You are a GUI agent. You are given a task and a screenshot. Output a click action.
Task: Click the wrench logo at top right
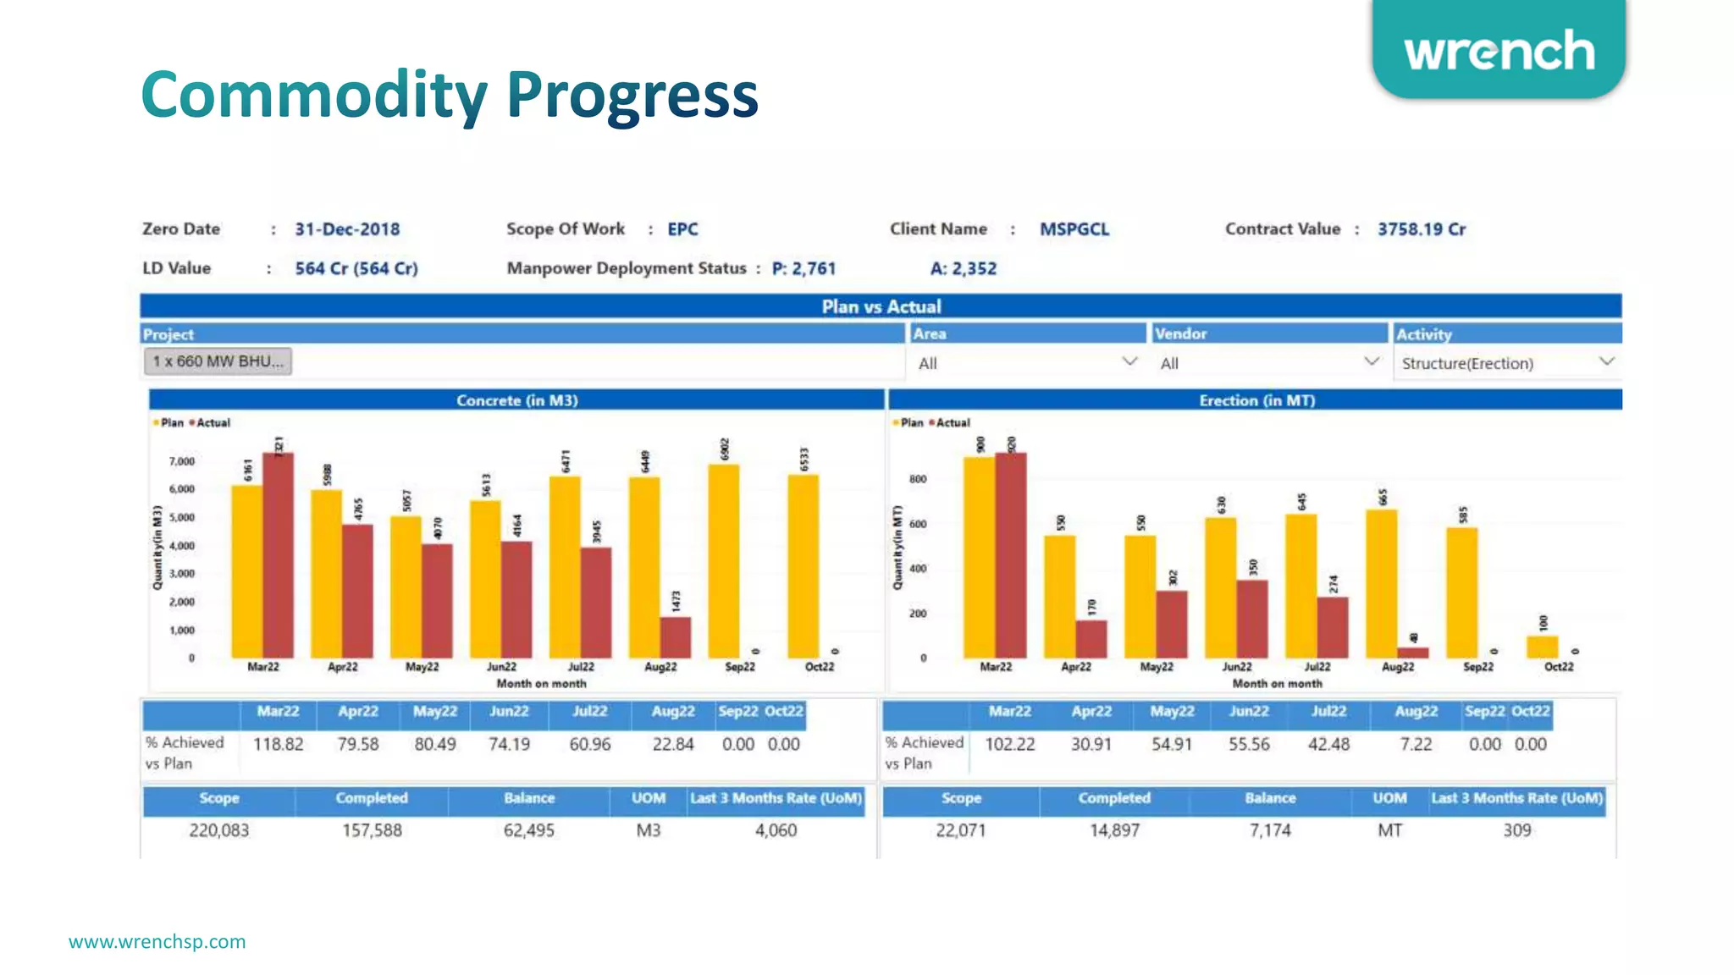coord(1499,51)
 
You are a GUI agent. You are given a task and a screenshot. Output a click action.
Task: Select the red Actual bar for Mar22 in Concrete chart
coord(278,555)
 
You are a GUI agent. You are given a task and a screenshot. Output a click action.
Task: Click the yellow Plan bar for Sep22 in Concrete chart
coord(723,560)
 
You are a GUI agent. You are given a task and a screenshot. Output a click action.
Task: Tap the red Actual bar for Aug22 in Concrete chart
coord(676,637)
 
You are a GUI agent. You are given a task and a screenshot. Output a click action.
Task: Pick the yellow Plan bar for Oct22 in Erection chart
coord(1542,647)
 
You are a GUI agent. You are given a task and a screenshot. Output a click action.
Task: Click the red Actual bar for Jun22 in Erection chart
coord(1252,619)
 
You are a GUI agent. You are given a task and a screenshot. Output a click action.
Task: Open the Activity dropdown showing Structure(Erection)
coord(1506,363)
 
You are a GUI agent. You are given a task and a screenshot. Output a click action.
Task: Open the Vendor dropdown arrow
coord(1372,362)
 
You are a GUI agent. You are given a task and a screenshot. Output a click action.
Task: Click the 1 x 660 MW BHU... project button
coord(218,361)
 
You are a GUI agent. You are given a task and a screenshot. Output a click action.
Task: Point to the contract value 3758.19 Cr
coord(1421,229)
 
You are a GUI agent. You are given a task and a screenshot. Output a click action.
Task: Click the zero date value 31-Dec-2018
coord(347,229)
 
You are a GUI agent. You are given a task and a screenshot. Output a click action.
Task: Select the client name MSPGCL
coord(1074,229)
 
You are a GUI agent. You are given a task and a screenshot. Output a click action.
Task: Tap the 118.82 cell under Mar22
coord(278,744)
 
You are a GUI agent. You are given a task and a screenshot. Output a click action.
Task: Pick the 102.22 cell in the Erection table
coord(1009,744)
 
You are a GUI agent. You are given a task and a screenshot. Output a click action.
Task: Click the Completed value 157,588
coord(372,830)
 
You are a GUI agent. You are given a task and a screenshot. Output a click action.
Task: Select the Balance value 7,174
coord(1270,830)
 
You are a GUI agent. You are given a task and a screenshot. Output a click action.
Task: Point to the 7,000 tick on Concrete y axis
coord(182,461)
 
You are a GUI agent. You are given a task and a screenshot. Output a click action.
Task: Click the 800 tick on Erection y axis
coord(918,479)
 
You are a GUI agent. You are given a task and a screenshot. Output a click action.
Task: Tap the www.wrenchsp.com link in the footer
coord(157,941)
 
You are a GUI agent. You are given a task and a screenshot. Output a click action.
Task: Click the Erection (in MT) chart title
coord(1256,400)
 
